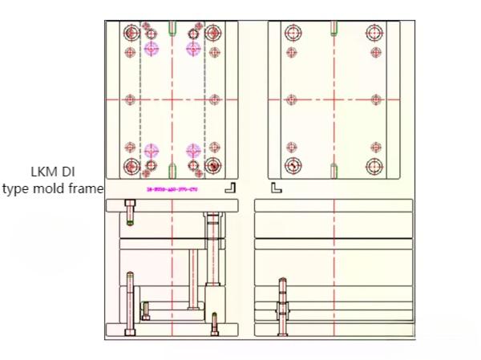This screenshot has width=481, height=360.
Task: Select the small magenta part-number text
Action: pyautogui.click(x=172, y=189)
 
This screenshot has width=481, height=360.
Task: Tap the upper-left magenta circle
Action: pyautogui.click(x=152, y=48)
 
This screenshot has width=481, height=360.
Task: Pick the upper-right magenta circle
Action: pyautogui.click(x=193, y=48)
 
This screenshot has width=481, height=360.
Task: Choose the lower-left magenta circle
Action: pyautogui.click(x=152, y=150)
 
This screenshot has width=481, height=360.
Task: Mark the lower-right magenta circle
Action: pyautogui.click(x=193, y=150)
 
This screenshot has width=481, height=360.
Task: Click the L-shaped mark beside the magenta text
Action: pyautogui.click(x=229, y=188)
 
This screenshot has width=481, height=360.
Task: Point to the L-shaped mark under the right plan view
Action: pyautogui.click(x=276, y=188)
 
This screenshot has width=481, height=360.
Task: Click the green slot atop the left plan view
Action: pyautogui.click(x=172, y=29)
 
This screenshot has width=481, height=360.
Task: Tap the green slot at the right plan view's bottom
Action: pyautogui.click(x=333, y=170)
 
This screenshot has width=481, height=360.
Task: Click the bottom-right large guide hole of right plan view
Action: pyautogui.click(x=374, y=166)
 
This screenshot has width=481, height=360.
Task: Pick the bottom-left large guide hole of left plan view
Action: pyautogui.click(x=131, y=166)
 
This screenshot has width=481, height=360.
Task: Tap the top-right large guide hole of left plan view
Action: pyautogui.click(x=212, y=33)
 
